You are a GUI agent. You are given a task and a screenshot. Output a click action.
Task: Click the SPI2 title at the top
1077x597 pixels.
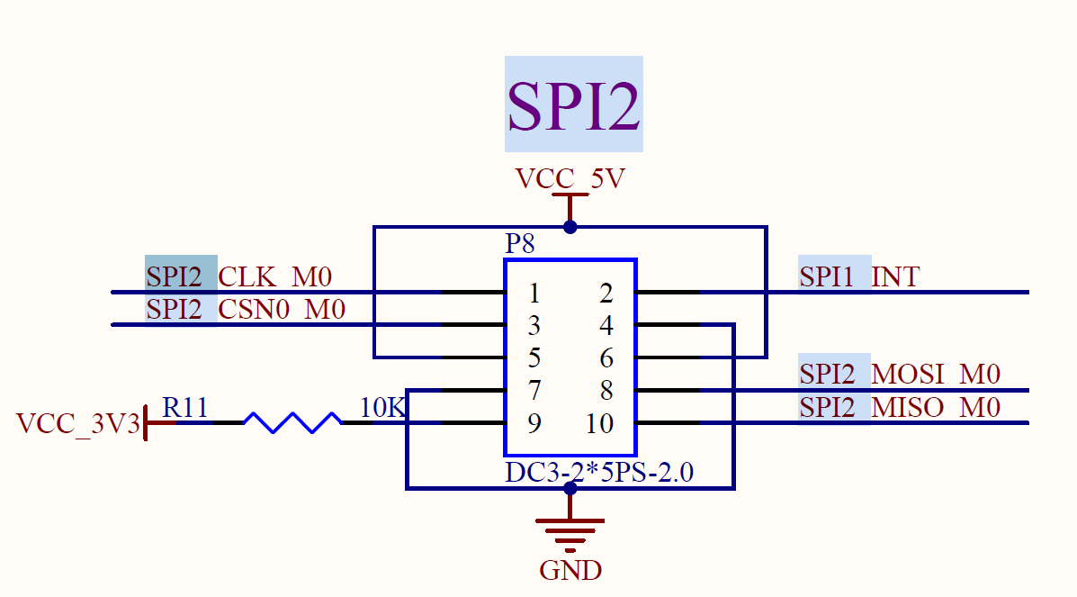pos(573,104)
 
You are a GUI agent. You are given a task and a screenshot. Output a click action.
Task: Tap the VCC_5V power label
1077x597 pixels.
pos(570,179)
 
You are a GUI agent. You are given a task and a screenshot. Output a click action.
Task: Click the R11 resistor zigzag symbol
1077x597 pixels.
pos(292,422)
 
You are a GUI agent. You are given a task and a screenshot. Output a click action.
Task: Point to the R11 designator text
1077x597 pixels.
pos(184,408)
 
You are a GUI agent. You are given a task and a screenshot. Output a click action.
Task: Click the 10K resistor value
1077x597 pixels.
pos(382,408)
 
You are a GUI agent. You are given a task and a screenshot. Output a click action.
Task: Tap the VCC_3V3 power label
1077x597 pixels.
pos(77,424)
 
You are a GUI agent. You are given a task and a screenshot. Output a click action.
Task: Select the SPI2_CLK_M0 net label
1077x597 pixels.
pos(239,277)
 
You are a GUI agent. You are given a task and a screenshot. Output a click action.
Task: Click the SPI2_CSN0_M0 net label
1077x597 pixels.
pos(246,310)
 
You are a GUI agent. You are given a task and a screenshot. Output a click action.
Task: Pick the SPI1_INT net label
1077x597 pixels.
pos(859,276)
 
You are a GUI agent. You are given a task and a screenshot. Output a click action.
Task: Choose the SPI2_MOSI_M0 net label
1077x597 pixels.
pos(900,375)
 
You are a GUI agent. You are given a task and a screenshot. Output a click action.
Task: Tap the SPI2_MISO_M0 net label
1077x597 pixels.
pos(900,407)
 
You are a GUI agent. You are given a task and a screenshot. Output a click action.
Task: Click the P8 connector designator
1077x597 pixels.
pos(519,243)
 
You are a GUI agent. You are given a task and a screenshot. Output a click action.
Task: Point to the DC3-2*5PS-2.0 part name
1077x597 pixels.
pos(599,473)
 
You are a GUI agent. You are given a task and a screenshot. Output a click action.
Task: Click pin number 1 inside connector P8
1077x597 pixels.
pos(534,294)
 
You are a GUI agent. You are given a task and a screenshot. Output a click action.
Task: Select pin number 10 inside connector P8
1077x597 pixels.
pos(599,424)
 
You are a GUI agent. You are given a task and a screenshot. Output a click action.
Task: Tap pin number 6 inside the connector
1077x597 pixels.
pos(606,358)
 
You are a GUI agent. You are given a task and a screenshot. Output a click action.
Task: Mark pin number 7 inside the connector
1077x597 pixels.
pos(534,391)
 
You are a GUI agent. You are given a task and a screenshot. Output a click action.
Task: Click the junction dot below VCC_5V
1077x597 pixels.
pos(570,227)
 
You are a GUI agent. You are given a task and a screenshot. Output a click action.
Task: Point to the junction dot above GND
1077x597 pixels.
pos(570,488)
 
